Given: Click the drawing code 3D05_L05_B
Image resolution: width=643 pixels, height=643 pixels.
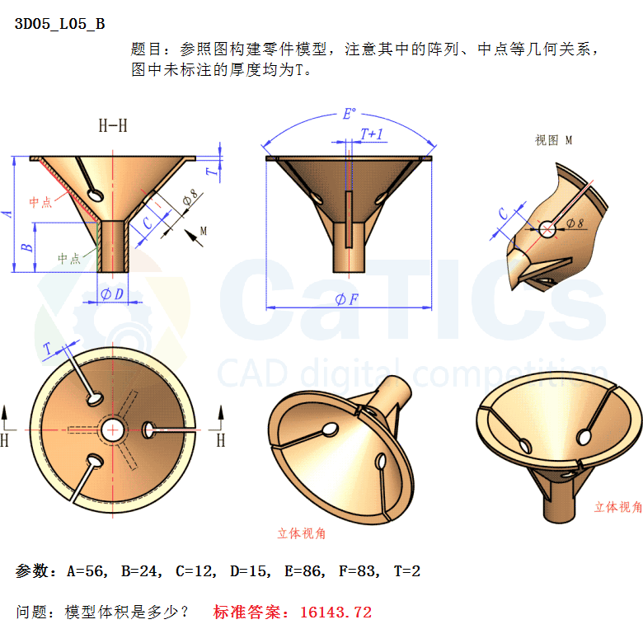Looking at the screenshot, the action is (60, 24).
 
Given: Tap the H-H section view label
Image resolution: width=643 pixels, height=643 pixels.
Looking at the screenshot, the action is (113, 125).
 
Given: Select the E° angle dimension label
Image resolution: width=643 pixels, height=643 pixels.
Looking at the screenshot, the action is (350, 114).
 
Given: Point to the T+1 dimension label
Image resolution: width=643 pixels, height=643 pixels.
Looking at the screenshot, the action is (372, 134).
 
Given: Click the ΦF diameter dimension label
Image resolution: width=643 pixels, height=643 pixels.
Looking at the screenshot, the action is (347, 299).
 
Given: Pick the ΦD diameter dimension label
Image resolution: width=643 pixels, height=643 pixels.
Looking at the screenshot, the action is (112, 294).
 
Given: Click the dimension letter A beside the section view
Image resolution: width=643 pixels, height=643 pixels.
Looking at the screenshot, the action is (7, 214).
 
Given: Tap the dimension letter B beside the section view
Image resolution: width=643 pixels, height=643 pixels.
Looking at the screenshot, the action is (26, 247).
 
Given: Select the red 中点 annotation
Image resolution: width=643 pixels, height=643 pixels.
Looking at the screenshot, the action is (40, 202).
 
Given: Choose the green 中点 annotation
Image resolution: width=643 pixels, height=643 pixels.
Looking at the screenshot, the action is (69, 258).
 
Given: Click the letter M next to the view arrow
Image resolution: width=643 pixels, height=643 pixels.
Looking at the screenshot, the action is (204, 232).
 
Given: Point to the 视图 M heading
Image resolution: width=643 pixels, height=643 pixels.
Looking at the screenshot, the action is (553, 140).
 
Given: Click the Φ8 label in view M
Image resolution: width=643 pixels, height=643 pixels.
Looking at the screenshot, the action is (575, 223).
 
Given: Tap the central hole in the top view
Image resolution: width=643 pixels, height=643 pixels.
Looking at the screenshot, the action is (112, 430).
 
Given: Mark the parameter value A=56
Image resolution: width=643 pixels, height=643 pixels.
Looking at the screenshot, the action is (87, 570).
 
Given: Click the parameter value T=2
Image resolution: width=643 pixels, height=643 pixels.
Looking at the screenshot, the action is (407, 570).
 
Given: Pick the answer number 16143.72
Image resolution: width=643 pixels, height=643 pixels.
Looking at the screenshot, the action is (336, 612).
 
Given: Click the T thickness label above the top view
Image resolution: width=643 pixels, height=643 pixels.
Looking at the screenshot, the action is (49, 350).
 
